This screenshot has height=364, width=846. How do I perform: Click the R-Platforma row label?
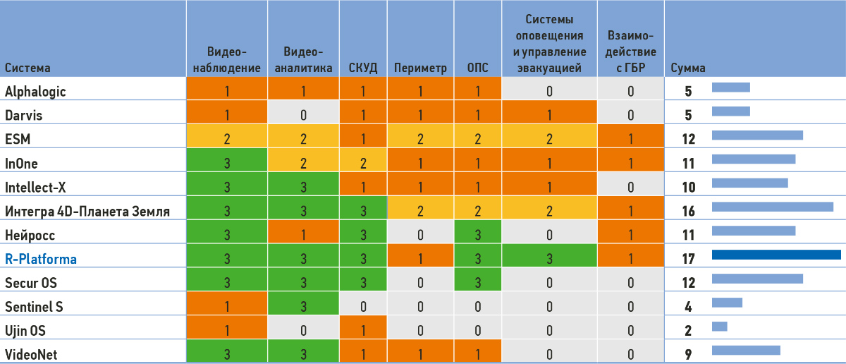pyautogui.click(x=41, y=259)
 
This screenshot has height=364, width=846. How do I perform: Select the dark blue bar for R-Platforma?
pyautogui.click(x=776, y=255)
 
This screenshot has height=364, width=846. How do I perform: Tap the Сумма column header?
pyautogui.click(x=688, y=68)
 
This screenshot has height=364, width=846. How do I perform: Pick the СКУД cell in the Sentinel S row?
pyautogui.click(x=362, y=307)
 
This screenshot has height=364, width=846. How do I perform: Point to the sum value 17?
pyautogui.click(x=689, y=259)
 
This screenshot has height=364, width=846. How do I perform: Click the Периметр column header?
pyautogui.click(x=420, y=68)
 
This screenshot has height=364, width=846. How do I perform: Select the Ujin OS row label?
pyautogui.click(x=26, y=331)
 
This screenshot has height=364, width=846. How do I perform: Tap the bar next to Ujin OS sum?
pyautogui.click(x=719, y=327)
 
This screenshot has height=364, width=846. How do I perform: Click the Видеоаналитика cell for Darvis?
pyautogui.click(x=303, y=115)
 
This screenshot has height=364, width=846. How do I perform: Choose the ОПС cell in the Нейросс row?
pyautogui.click(x=477, y=235)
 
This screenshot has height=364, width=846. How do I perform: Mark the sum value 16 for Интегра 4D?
pyautogui.click(x=689, y=211)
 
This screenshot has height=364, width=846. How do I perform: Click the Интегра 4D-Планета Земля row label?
pyautogui.click(x=87, y=211)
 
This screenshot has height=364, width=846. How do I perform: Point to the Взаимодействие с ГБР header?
pyautogui.click(x=631, y=51)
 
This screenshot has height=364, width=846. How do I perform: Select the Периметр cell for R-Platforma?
pyautogui.click(x=420, y=259)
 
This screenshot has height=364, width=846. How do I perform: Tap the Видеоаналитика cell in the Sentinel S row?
pyautogui.click(x=303, y=307)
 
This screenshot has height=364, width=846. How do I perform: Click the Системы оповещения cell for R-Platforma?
pyautogui.click(x=549, y=259)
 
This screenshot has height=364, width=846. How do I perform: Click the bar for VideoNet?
pyautogui.click(x=746, y=351)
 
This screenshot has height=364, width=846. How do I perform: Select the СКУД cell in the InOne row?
pyautogui.click(x=362, y=163)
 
